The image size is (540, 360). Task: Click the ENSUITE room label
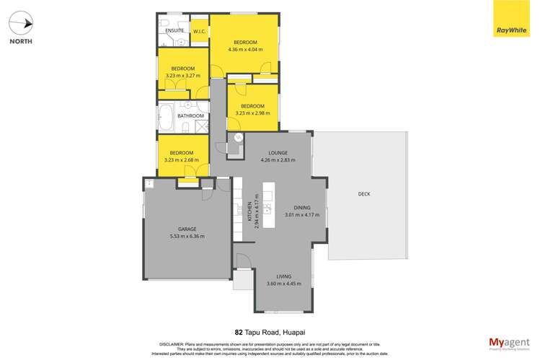(x=174, y=31)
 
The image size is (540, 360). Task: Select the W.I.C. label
(x=200, y=32)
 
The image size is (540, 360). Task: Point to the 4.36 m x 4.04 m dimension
(x=245, y=50)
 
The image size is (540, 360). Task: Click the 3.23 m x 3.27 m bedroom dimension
(x=183, y=74)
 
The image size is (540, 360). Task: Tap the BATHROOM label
(x=191, y=116)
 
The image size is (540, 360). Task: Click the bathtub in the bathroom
(x=165, y=116)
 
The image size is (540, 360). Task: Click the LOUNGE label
(x=278, y=153)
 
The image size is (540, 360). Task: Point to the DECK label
(x=363, y=194)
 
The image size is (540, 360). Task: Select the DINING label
(x=301, y=208)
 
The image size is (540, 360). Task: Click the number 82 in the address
(x=239, y=333)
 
